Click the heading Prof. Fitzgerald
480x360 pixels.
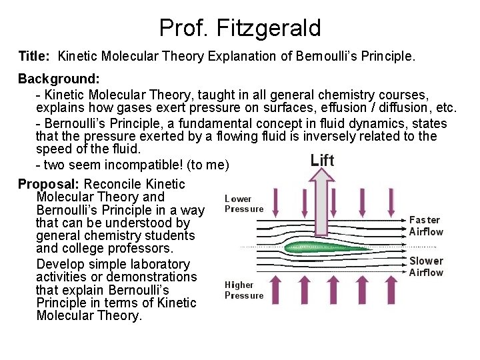(240, 28)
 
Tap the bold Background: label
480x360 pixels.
(59, 79)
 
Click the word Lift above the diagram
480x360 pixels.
(323, 160)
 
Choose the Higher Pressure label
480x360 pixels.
(243, 290)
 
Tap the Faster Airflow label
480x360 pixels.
(425, 226)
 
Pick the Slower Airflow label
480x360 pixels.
(425, 267)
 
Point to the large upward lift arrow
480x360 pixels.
(322, 200)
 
